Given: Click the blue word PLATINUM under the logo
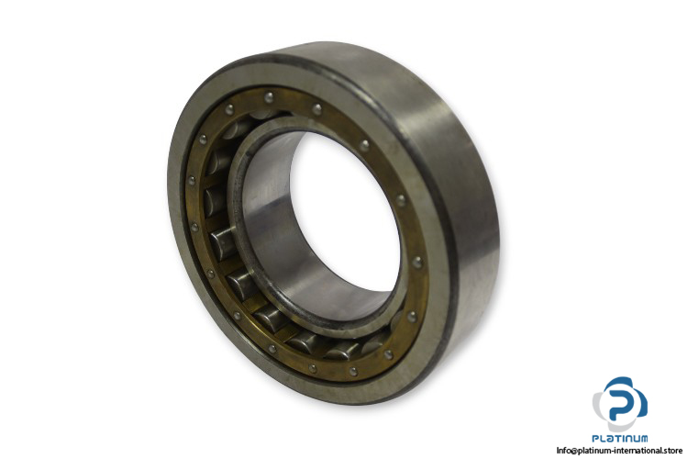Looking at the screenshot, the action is (x=619, y=439).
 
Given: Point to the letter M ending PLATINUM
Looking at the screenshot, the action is (x=643, y=439).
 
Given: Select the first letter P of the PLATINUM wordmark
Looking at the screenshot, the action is (x=595, y=439).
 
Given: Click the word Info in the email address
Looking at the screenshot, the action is (x=563, y=450).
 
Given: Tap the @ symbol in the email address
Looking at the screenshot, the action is (x=573, y=451).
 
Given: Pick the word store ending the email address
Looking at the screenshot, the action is (x=674, y=450).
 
